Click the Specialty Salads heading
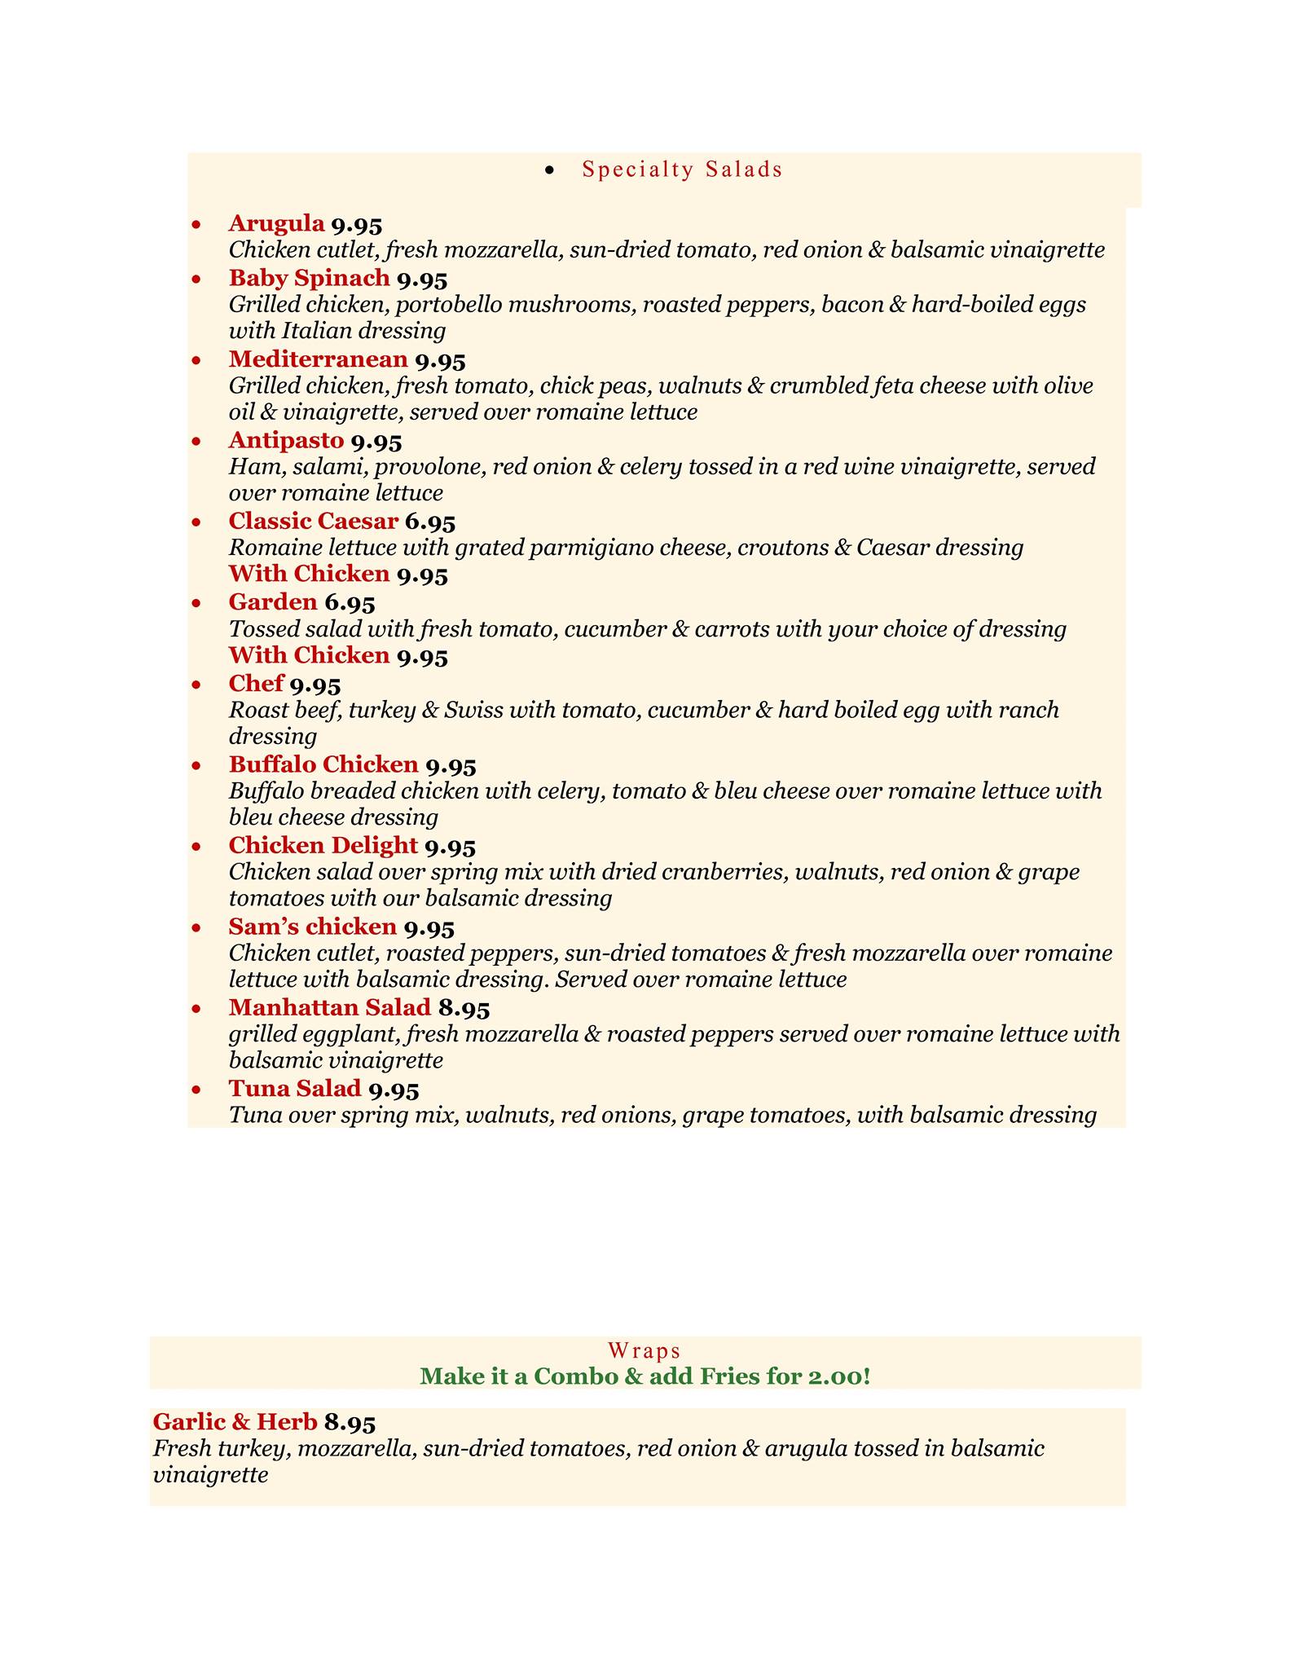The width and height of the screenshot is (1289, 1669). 682,170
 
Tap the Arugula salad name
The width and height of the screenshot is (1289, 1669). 276,222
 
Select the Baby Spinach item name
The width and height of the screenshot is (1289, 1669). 309,278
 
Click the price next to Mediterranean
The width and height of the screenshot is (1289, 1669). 440,359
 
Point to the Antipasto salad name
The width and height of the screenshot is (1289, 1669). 286,441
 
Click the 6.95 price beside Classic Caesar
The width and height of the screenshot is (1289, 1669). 430,522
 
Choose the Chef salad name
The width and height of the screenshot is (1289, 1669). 256,684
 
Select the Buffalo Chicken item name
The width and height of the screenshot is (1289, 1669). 323,765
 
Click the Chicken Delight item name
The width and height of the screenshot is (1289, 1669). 323,846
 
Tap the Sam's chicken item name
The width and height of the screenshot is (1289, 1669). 312,927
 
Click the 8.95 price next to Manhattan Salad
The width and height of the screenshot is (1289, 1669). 464,1008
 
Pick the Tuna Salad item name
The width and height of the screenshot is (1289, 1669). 294,1089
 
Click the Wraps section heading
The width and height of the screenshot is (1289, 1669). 644,1351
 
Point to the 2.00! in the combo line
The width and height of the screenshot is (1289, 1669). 838,1376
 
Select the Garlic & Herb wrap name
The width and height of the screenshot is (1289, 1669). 235,1422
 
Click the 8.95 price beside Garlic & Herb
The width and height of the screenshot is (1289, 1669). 350,1423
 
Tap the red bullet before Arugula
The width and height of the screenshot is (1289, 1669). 196,224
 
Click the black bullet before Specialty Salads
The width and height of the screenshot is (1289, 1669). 550,170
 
